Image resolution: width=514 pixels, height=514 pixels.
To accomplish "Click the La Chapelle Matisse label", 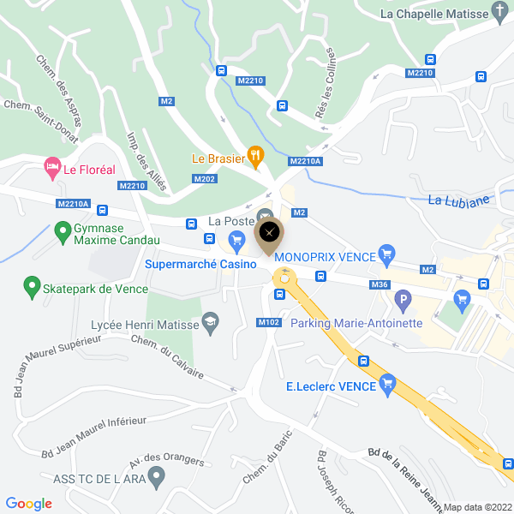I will [x=433, y=13].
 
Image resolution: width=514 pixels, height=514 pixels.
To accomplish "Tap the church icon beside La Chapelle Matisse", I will [x=499, y=11].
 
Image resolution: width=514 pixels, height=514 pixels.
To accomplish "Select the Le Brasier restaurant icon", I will [x=254, y=156].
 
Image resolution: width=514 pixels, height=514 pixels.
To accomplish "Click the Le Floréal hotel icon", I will [x=51, y=166].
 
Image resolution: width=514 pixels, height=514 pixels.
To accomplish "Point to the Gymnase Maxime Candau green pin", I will [x=62, y=231].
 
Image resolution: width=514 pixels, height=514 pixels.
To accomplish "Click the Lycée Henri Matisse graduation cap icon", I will [x=209, y=322].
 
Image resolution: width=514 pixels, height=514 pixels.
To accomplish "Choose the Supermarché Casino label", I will [x=200, y=264].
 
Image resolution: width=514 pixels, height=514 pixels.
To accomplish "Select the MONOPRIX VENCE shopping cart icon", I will [x=386, y=254].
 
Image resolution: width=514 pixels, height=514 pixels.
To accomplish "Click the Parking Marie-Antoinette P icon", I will [x=403, y=302].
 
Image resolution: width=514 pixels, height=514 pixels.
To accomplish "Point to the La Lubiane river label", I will [x=458, y=201].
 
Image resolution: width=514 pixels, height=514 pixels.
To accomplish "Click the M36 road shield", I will [x=380, y=284].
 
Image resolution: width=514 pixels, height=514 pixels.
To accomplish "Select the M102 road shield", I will [x=268, y=323].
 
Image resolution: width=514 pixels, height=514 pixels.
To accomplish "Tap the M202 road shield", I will [x=204, y=179].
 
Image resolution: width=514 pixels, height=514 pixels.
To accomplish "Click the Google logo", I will [x=28, y=504].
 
